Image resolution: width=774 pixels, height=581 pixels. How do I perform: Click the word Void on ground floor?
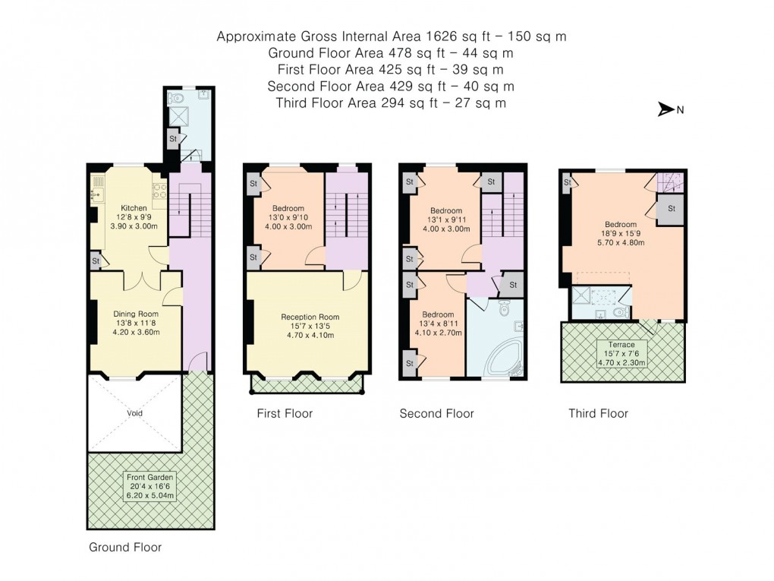click(x=135, y=413)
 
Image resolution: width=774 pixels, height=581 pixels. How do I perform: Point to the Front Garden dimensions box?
click(x=149, y=486)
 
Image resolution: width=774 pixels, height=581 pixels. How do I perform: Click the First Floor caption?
click(x=284, y=414)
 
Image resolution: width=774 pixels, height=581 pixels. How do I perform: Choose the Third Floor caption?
click(x=598, y=414)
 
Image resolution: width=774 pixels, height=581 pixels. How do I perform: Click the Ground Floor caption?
click(x=125, y=547)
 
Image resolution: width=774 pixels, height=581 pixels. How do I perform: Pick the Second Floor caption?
click(x=436, y=414)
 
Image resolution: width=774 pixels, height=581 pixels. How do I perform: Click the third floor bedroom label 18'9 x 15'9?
click(x=621, y=234)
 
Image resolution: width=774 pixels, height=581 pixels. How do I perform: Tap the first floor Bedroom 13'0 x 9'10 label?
click(x=288, y=218)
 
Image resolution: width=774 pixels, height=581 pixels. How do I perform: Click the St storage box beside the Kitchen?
click(x=96, y=261)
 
